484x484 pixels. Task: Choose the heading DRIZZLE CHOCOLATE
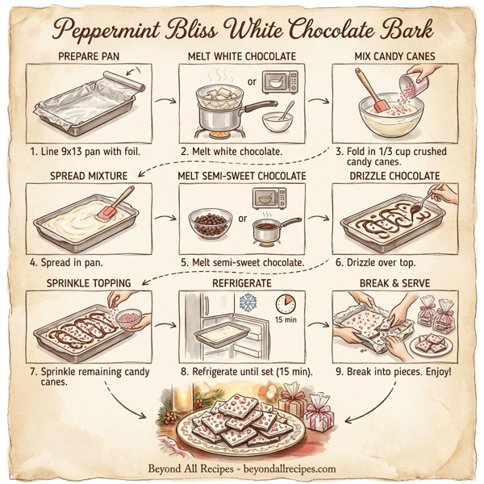tap(395, 176)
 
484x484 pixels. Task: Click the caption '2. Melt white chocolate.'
tap(231, 151)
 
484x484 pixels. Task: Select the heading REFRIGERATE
tap(241, 284)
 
